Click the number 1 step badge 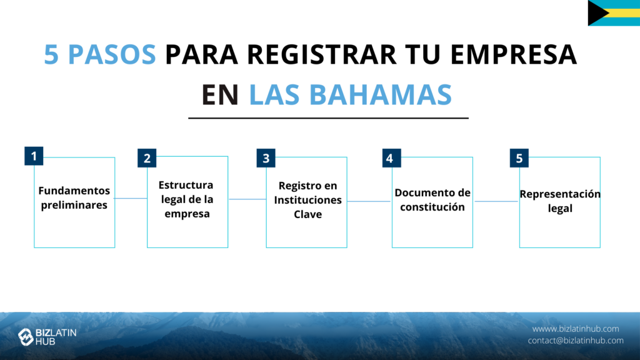tap(34, 156)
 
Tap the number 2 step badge tap(147, 158)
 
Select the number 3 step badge tap(266, 158)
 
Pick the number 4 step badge tap(391, 158)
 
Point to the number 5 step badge tap(519, 158)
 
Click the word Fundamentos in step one tap(74, 191)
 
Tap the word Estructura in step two tap(186, 185)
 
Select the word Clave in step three tap(307, 214)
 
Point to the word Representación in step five tap(560, 194)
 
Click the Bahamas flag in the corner tap(614, 13)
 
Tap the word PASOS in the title tap(112, 54)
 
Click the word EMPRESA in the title tap(514, 54)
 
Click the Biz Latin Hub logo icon tap(26, 337)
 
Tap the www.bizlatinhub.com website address tap(576, 329)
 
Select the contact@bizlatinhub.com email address tap(576, 341)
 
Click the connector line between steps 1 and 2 tap(131, 198)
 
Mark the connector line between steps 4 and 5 tap(496, 201)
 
